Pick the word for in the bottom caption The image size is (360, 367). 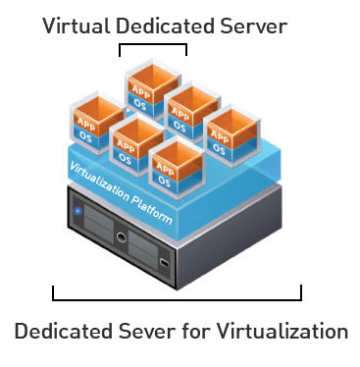[193, 331]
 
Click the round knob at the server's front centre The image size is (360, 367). [121, 236]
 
